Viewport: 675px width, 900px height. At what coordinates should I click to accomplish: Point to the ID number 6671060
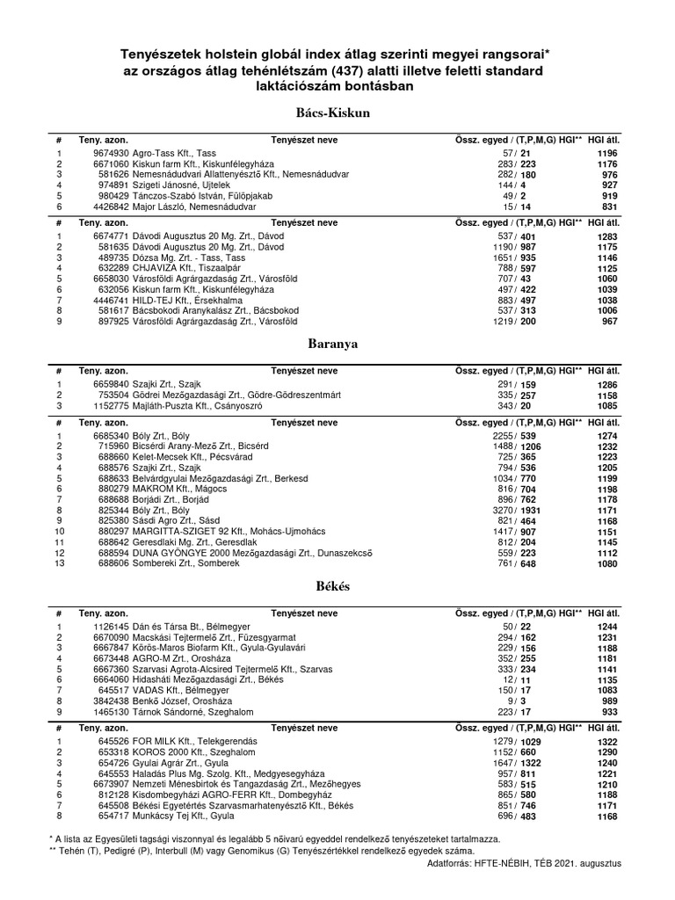click(x=111, y=164)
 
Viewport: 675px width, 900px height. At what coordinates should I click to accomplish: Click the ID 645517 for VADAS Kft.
click(x=113, y=692)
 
